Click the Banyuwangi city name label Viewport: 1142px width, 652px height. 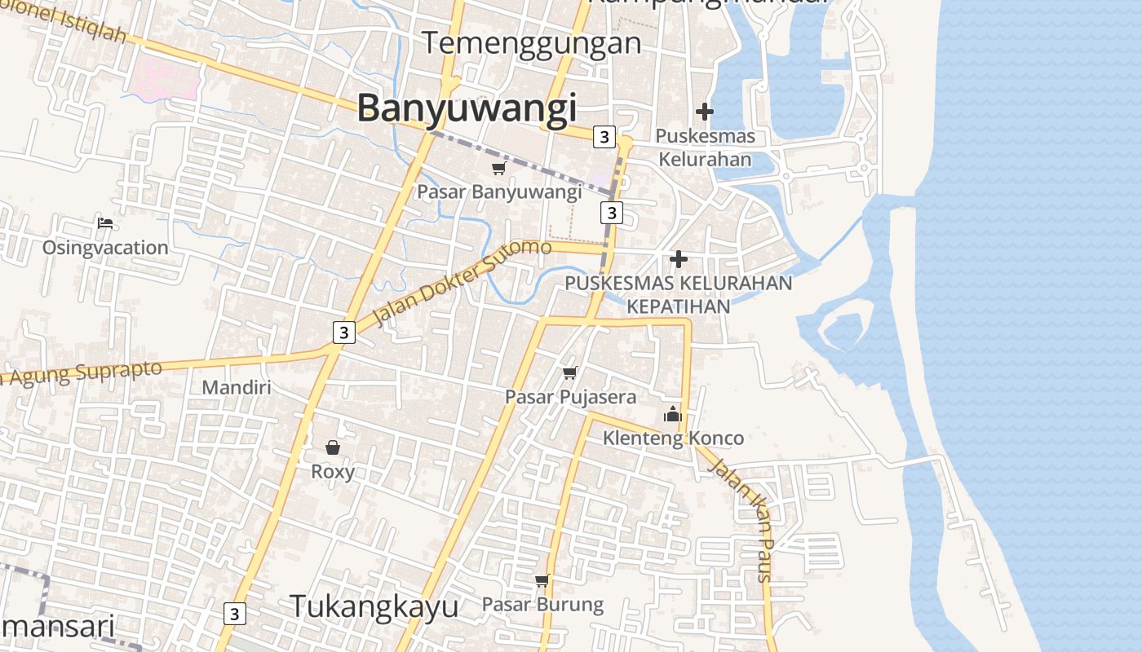point(467,108)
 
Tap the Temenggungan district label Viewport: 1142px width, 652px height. point(532,43)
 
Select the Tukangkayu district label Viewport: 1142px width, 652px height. point(374,606)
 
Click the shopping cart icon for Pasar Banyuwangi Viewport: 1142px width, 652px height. point(498,168)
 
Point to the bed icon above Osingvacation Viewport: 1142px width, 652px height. point(105,223)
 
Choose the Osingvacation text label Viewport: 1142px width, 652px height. point(105,247)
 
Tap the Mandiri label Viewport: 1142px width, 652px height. point(236,387)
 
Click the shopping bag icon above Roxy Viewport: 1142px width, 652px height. point(333,447)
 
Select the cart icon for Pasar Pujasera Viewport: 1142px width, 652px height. point(569,372)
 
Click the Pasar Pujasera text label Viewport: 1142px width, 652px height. point(570,397)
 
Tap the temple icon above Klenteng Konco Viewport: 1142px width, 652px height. point(672,415)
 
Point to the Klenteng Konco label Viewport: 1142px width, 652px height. point(673,438)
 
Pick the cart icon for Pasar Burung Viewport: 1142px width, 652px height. point(542,580)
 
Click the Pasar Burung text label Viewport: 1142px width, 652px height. point(542,605)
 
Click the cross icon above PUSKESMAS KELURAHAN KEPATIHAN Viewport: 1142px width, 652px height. point(678,259)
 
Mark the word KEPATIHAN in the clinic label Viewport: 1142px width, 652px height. point(679,306)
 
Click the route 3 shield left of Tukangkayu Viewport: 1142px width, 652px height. point(234,613)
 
